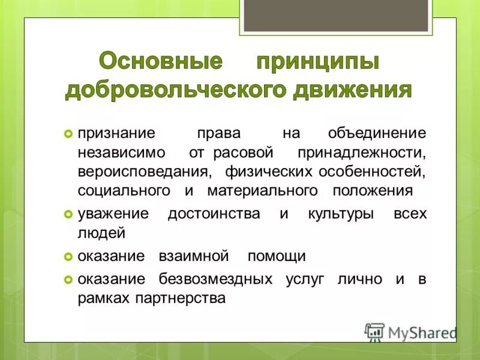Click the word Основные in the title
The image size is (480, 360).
(161, 62)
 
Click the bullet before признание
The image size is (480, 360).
(68, 133)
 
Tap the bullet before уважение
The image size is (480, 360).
(68, 214)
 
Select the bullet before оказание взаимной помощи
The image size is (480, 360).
(68, 257)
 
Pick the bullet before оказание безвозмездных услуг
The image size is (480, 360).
(68, 280)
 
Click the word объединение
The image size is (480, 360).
(377, 133)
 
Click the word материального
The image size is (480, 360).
(262, 191)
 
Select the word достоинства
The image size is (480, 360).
(214, 214)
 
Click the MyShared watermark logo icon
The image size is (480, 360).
(375, 332)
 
